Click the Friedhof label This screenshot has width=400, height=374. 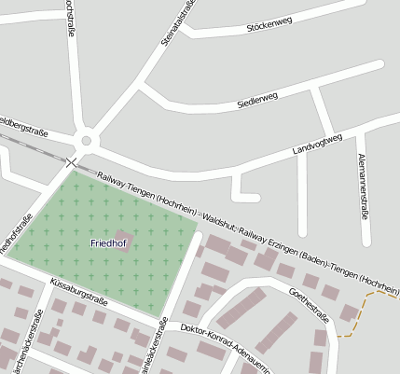tap(108, 242)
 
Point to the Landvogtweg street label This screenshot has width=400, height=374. tap(317, 143)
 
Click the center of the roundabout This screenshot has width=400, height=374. tap(87, 141)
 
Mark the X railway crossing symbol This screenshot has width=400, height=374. tap(72, 162)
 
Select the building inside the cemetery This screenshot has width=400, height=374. tap(123, 239)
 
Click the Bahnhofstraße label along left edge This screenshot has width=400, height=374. tap(11, 234)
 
